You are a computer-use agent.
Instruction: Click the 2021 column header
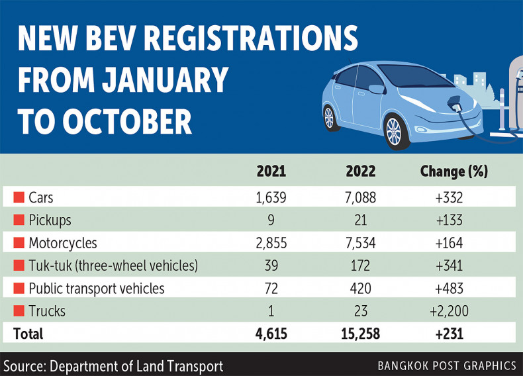[271, 171]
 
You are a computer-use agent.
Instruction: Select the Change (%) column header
[453, 171]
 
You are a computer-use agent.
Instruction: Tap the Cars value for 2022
[360, 197]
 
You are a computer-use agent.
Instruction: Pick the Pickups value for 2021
[271, 220]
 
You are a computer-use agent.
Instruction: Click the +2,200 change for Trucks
[453, 311]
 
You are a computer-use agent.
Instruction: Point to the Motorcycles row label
[62, 243]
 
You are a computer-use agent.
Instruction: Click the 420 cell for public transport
[360, 289]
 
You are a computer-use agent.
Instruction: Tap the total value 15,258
[360, 334]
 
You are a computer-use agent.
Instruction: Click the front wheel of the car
[393, 131]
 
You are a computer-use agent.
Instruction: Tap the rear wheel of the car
[329, 118]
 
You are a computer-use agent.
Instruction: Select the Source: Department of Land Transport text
[113, 365]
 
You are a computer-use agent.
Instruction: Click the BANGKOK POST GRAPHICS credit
[447, 365]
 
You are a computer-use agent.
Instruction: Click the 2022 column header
[360, 171]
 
